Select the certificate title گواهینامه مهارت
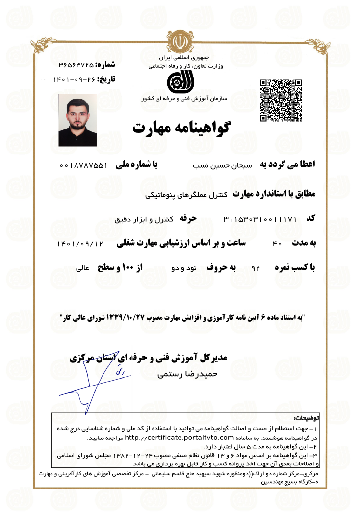pos(181,128)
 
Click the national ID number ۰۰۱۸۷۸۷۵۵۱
pos(83,166)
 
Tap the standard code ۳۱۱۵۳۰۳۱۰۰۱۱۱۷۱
pos(260,218)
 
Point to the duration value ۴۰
pos(277,244)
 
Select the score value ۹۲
pos(255,269)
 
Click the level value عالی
pos(81,269)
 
